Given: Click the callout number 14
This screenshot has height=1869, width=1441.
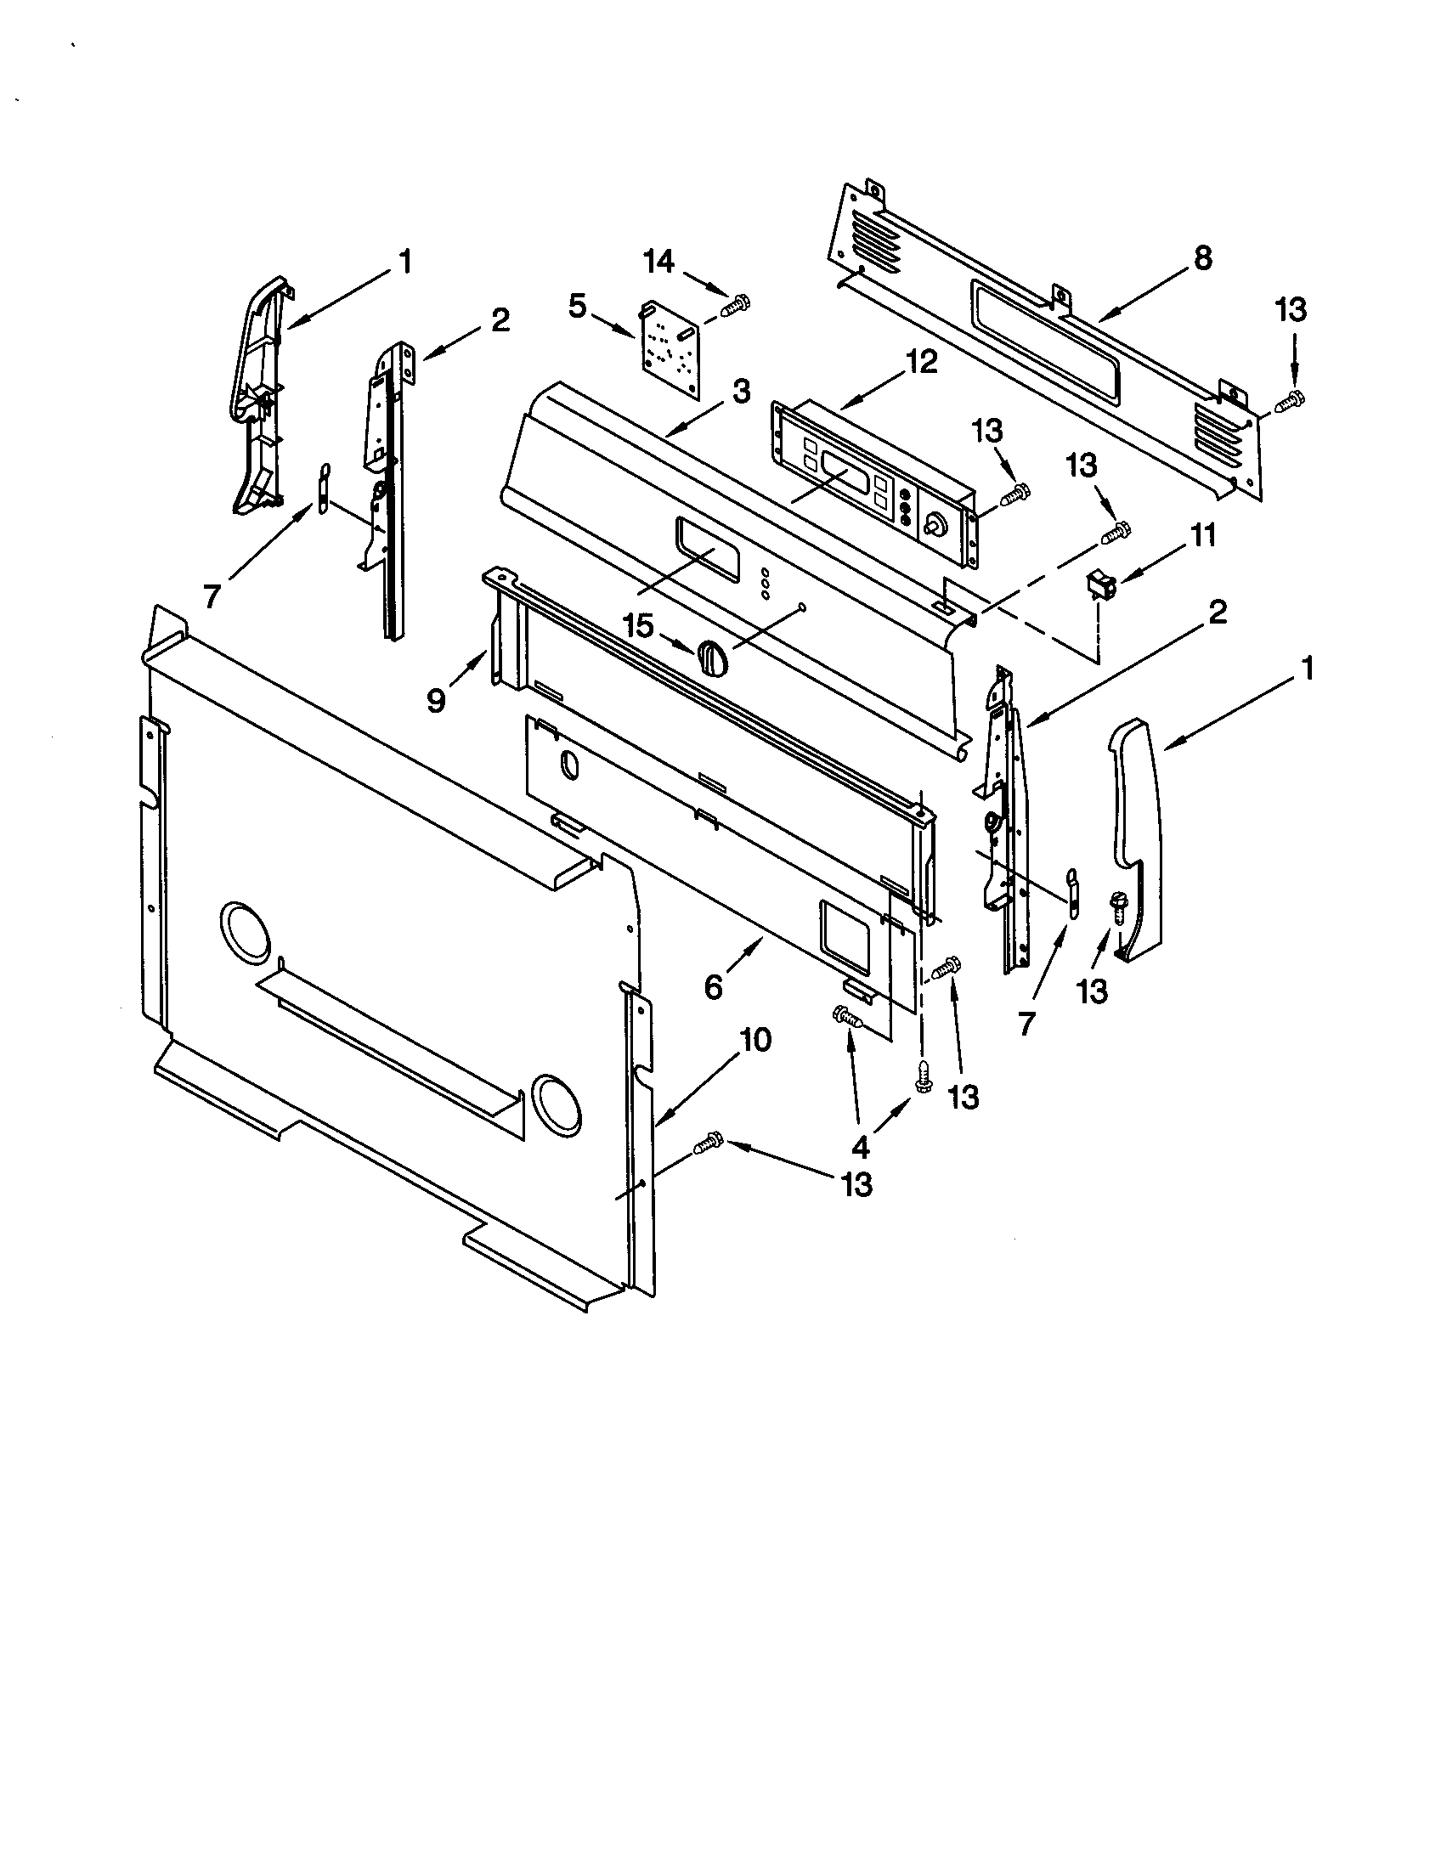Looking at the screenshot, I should coord(658,262).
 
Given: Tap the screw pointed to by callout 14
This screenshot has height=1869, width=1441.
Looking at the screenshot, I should coord(737,305).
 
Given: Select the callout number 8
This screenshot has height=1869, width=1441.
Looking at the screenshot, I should coord(1202,257).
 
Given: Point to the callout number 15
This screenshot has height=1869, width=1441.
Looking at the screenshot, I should coord(639,626).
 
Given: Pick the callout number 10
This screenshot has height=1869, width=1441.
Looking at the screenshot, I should coord(755,1040).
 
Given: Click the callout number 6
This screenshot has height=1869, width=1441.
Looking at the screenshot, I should coord(713,986).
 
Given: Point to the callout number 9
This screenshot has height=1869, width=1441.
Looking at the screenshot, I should coord(437,701).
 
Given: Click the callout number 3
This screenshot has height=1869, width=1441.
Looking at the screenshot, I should coord(741,392).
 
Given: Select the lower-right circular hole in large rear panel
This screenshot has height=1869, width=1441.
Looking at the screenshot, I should coord(556,1099).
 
